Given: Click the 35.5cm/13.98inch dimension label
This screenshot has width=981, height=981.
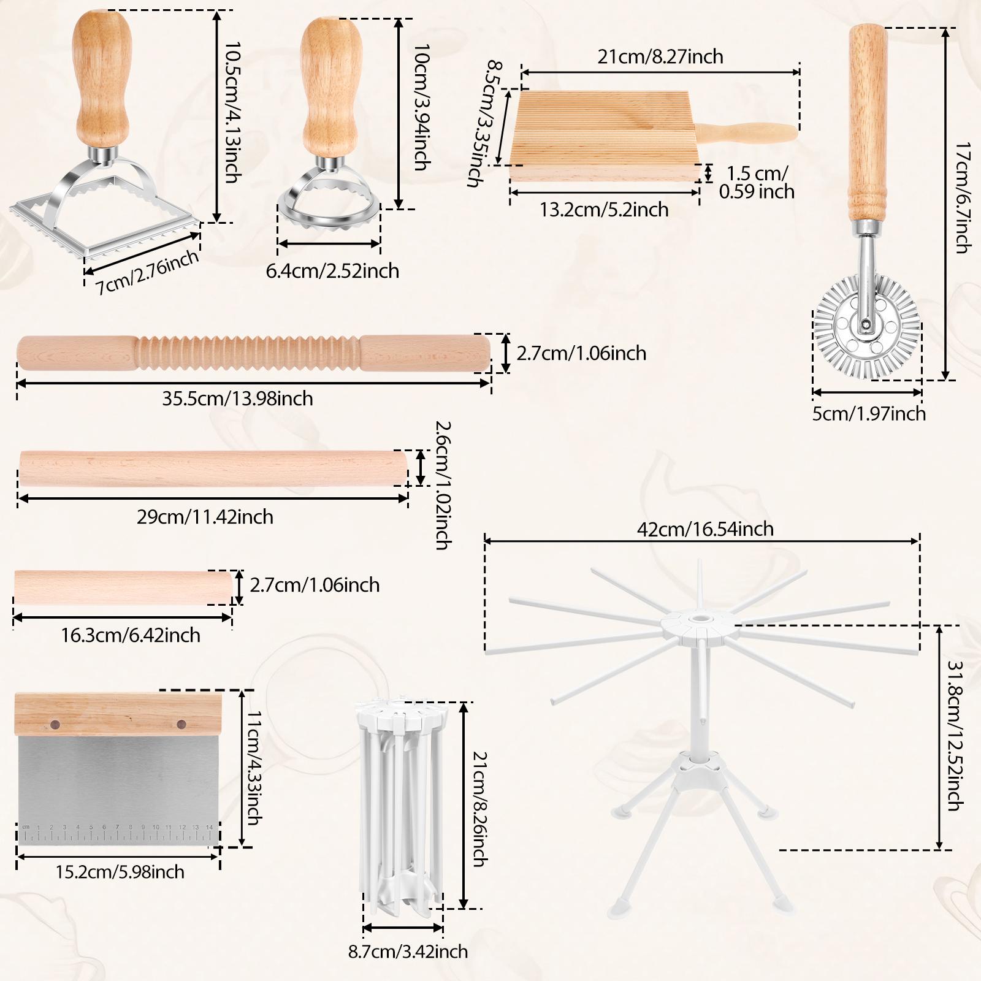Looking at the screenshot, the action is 238,399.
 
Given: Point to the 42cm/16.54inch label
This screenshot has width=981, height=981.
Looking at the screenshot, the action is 705,529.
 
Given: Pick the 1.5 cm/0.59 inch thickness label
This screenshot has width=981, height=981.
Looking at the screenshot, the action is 757,182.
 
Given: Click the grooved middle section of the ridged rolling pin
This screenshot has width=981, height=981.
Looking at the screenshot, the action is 248,353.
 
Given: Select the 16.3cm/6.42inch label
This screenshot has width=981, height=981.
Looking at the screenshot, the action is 131,635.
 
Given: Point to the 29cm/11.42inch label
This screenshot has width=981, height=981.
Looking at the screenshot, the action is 205,517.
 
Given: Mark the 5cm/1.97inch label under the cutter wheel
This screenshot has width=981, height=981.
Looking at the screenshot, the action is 869,413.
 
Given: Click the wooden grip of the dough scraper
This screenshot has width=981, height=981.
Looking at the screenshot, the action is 116,715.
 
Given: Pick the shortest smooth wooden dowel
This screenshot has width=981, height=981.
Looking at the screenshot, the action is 123,586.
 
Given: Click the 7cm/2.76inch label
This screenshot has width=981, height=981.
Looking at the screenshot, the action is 148,272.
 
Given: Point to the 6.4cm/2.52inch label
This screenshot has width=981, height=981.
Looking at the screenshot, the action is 332,270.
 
